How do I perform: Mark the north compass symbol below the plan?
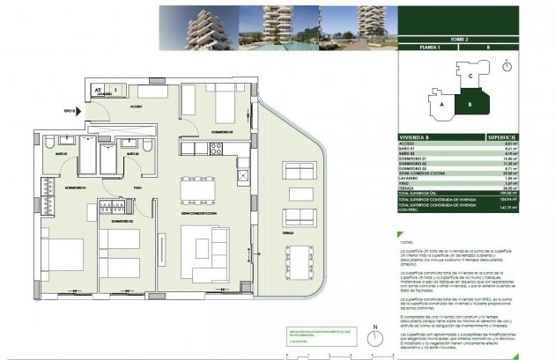tap(374, 342)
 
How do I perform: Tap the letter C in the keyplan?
tap(470, 77)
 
